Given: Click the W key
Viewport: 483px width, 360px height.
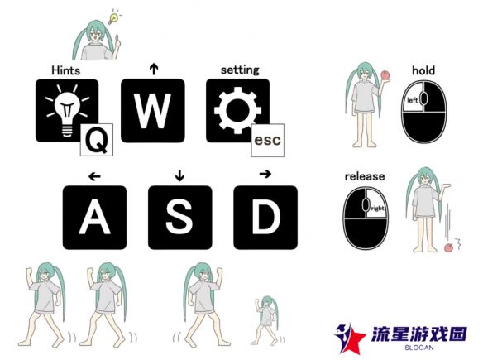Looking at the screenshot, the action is [x=153, y=110].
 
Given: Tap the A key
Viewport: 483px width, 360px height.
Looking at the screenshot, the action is [x=94, y=218].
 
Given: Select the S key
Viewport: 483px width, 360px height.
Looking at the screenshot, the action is [x=180, y=218].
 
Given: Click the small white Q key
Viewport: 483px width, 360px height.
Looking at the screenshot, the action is [x=97, y=140].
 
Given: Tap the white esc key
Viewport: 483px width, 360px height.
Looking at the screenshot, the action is [x=268, y=140].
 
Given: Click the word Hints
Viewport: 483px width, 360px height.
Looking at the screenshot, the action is [x=66, y=70].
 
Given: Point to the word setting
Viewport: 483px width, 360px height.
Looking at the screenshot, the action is [x=240, y=70].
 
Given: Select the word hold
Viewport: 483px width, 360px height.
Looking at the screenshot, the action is [x=423, y=70].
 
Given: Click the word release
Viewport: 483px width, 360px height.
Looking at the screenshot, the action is [x=365, y=176].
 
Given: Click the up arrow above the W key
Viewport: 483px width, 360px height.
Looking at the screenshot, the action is [x=154, y=69].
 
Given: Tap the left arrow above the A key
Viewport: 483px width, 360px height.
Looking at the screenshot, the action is [x=94, y=176].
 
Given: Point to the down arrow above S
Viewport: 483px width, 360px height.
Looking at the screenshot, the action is [x=179, y=175].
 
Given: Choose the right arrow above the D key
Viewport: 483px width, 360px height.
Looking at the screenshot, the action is [x=265, y=174].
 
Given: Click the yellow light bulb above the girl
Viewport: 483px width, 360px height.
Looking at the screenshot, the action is [x=113, y=18].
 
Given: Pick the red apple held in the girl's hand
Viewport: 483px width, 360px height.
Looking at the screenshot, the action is [x=385, y=75].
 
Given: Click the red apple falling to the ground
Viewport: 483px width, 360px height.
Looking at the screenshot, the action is [x=449, y=247].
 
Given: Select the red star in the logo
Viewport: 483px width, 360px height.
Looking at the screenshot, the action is [x=354, y=339].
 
